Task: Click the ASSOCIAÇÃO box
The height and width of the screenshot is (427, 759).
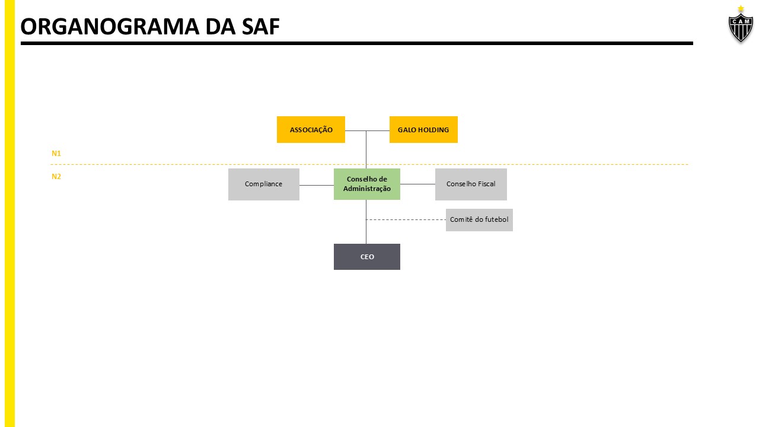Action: pyautogui.click(x=311, y=129)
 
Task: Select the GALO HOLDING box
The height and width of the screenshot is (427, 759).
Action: pyautogui.click(x=423, y=129)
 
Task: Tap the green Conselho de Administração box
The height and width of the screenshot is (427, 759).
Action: pyautogui.click(x=366, y=184)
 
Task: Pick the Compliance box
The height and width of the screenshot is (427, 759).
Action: pyautogui.click(x=263, y=184)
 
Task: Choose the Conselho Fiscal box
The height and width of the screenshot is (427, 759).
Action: pyautogui.click(x=471, y=184)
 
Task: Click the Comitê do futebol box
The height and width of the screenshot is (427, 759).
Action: pyautogui.click(x=479, y=219)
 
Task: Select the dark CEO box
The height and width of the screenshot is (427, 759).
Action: pyautogui.click(x=366, y=257)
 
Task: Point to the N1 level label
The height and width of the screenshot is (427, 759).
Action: pyautogui.click(x=56, y=154)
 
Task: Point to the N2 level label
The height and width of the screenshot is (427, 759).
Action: pyautogui.click(x=56, y=176)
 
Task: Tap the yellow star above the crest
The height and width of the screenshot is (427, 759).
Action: pyautogui.click(x=741, y=8)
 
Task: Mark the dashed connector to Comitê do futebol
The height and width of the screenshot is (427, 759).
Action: pyautogui.click(x=406, y=219)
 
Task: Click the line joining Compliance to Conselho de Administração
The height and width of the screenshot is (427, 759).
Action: pyautogui.click(x=317, y=185)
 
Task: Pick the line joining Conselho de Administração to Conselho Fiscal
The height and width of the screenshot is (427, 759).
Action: pyautogui.click(x=417, y=184)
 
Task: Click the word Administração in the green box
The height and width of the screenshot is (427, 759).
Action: pyautogui.click(x=367, y=189)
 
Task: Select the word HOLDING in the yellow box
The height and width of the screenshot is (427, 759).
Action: pyautogui.click(x=433, y=130)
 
